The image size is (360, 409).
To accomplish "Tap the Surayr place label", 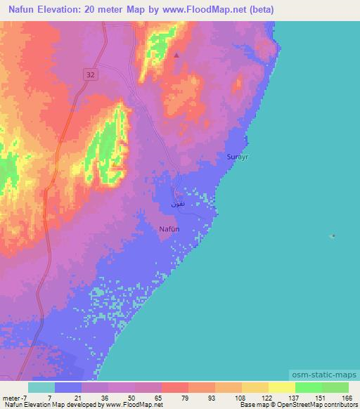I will coord(238,157).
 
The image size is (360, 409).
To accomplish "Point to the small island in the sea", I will coord(333,236).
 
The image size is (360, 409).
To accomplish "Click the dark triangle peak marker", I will coord(176,55).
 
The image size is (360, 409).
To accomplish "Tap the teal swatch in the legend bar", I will coord(41,387).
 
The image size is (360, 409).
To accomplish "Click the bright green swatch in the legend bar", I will coord(308,387).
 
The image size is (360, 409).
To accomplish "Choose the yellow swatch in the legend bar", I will coord(281,387).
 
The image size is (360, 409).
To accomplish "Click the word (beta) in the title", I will coord(259,10).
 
